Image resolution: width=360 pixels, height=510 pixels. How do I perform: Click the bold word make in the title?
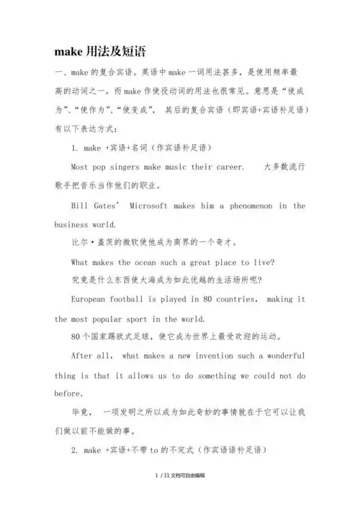[68, 52]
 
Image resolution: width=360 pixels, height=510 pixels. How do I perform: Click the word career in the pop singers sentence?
[229, 167]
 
